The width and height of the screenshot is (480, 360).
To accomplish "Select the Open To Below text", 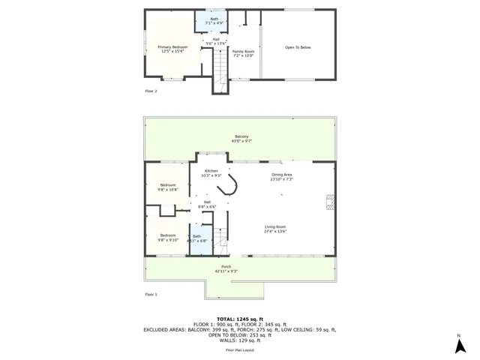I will pos(298,47).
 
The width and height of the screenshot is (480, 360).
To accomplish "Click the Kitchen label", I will pos(211,172).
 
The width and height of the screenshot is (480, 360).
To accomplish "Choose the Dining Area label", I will pos(282,176).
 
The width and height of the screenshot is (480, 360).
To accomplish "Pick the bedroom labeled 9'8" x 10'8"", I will pos(167,187).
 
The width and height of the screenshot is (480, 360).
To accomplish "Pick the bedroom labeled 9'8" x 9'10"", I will pos(167,237).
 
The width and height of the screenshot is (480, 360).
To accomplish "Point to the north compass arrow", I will pos(458,345).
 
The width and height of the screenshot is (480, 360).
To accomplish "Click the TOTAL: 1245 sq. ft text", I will pos(241,319).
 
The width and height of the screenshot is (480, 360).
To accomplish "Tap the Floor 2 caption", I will pos(151,91).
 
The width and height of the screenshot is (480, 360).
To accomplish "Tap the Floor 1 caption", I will pos(151,295).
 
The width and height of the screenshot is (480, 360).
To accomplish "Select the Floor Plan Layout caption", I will pos(241,350).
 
